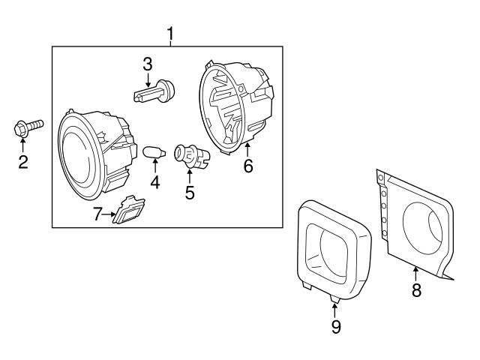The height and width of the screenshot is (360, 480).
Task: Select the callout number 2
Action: click(23, 162)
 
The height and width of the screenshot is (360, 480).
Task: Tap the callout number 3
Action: click(148, 64)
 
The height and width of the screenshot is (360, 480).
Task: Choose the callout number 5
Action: click(190, 192)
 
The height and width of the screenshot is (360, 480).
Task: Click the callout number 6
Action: click(248, 166)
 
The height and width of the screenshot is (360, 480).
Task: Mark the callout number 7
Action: click(97, 215)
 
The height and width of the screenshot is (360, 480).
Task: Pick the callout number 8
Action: click(415, 290)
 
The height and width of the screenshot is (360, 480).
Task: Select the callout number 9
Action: click(335, 326)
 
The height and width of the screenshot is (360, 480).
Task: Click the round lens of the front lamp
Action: click(76, 151)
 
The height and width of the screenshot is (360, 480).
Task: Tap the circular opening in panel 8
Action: click(424, 227)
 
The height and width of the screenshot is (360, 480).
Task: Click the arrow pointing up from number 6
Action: click(247, 147)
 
